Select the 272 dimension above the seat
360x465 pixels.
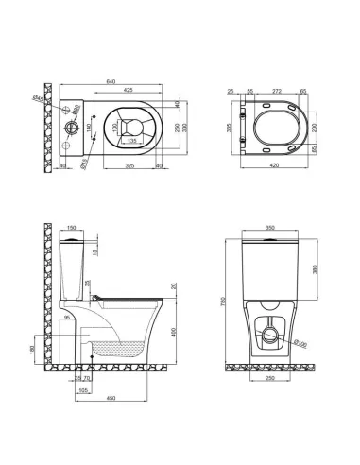pyautogui.click(x=277, y=91)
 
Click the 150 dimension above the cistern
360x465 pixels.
pyautogui.click(x=72, y=229)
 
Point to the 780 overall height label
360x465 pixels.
pyautogui.click(x=224, y=300)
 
